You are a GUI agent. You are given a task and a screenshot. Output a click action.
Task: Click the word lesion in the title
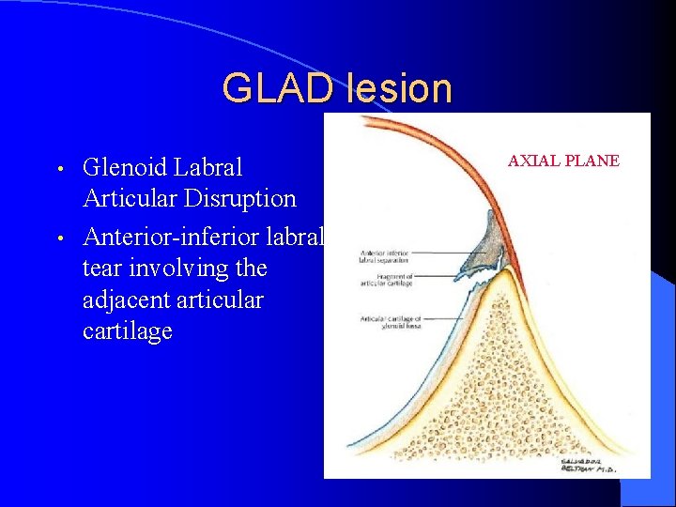click(x=399, y=88)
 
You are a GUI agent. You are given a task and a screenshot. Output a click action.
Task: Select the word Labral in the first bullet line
click(x=212, y=168)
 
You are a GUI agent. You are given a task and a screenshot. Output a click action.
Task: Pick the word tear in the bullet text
click(x=104, y=269)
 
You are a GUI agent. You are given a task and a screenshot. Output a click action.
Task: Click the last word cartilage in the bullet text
click(x=128, y=332)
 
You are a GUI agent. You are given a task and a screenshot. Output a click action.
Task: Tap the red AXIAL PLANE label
click(x=563, y=161)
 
